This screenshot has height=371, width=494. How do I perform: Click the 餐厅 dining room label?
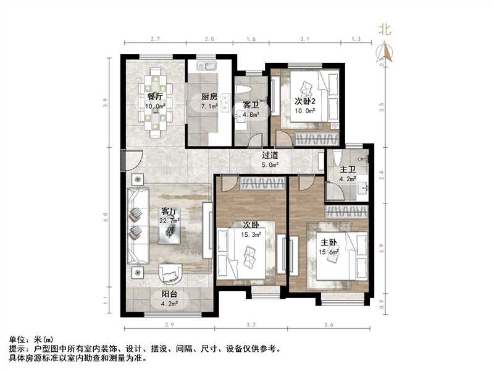point(155,96)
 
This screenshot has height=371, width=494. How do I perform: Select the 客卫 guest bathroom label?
point(250,106)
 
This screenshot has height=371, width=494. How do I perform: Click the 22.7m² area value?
point(169,220)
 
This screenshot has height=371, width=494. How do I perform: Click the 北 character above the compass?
point(385,28)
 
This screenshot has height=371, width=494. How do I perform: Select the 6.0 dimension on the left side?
point(106,218)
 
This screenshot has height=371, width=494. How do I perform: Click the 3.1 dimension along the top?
point(304,39)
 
